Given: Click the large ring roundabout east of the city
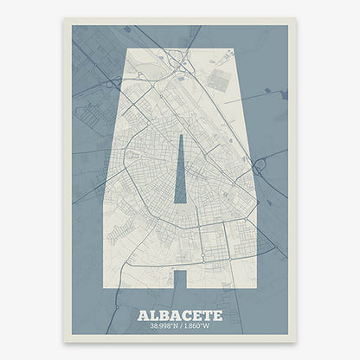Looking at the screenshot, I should [x=259, y=164].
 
